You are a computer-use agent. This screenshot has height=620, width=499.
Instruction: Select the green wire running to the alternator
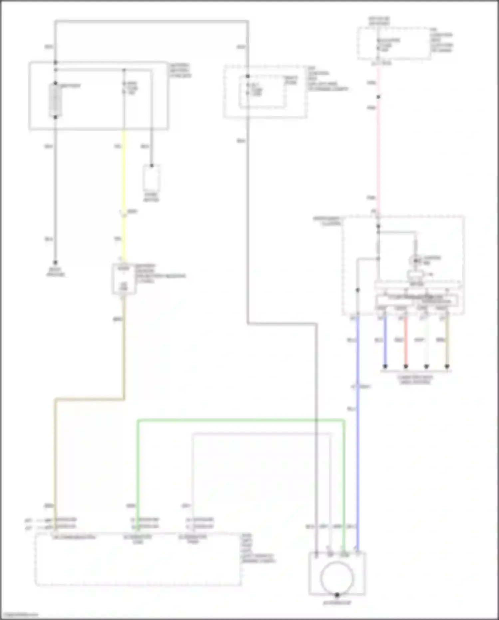click(x=240, y=421)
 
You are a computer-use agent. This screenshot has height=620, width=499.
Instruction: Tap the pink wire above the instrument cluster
click(x=378, y=150)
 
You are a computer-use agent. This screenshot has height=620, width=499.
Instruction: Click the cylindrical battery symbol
click(x=55, y=100)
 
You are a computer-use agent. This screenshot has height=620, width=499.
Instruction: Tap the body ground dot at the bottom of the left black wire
click(x=56, y=263)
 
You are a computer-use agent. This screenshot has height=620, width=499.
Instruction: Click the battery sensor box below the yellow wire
click(x=124, y=279)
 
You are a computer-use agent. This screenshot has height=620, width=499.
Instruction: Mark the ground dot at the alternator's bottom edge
click(x=337, y=595)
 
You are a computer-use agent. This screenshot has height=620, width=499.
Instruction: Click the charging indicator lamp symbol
click(x=415, y=260)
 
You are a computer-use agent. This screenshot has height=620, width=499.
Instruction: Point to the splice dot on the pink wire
click(x=378, y=97)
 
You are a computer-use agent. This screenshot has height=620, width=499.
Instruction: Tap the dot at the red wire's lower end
click(x=406, y=366)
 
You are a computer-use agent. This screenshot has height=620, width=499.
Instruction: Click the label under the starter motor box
click(x=151, y=197)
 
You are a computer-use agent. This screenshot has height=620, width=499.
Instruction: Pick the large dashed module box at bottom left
click(x=138, y=563)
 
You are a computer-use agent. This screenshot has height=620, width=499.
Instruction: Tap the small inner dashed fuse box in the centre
click(x=262, y=92)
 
